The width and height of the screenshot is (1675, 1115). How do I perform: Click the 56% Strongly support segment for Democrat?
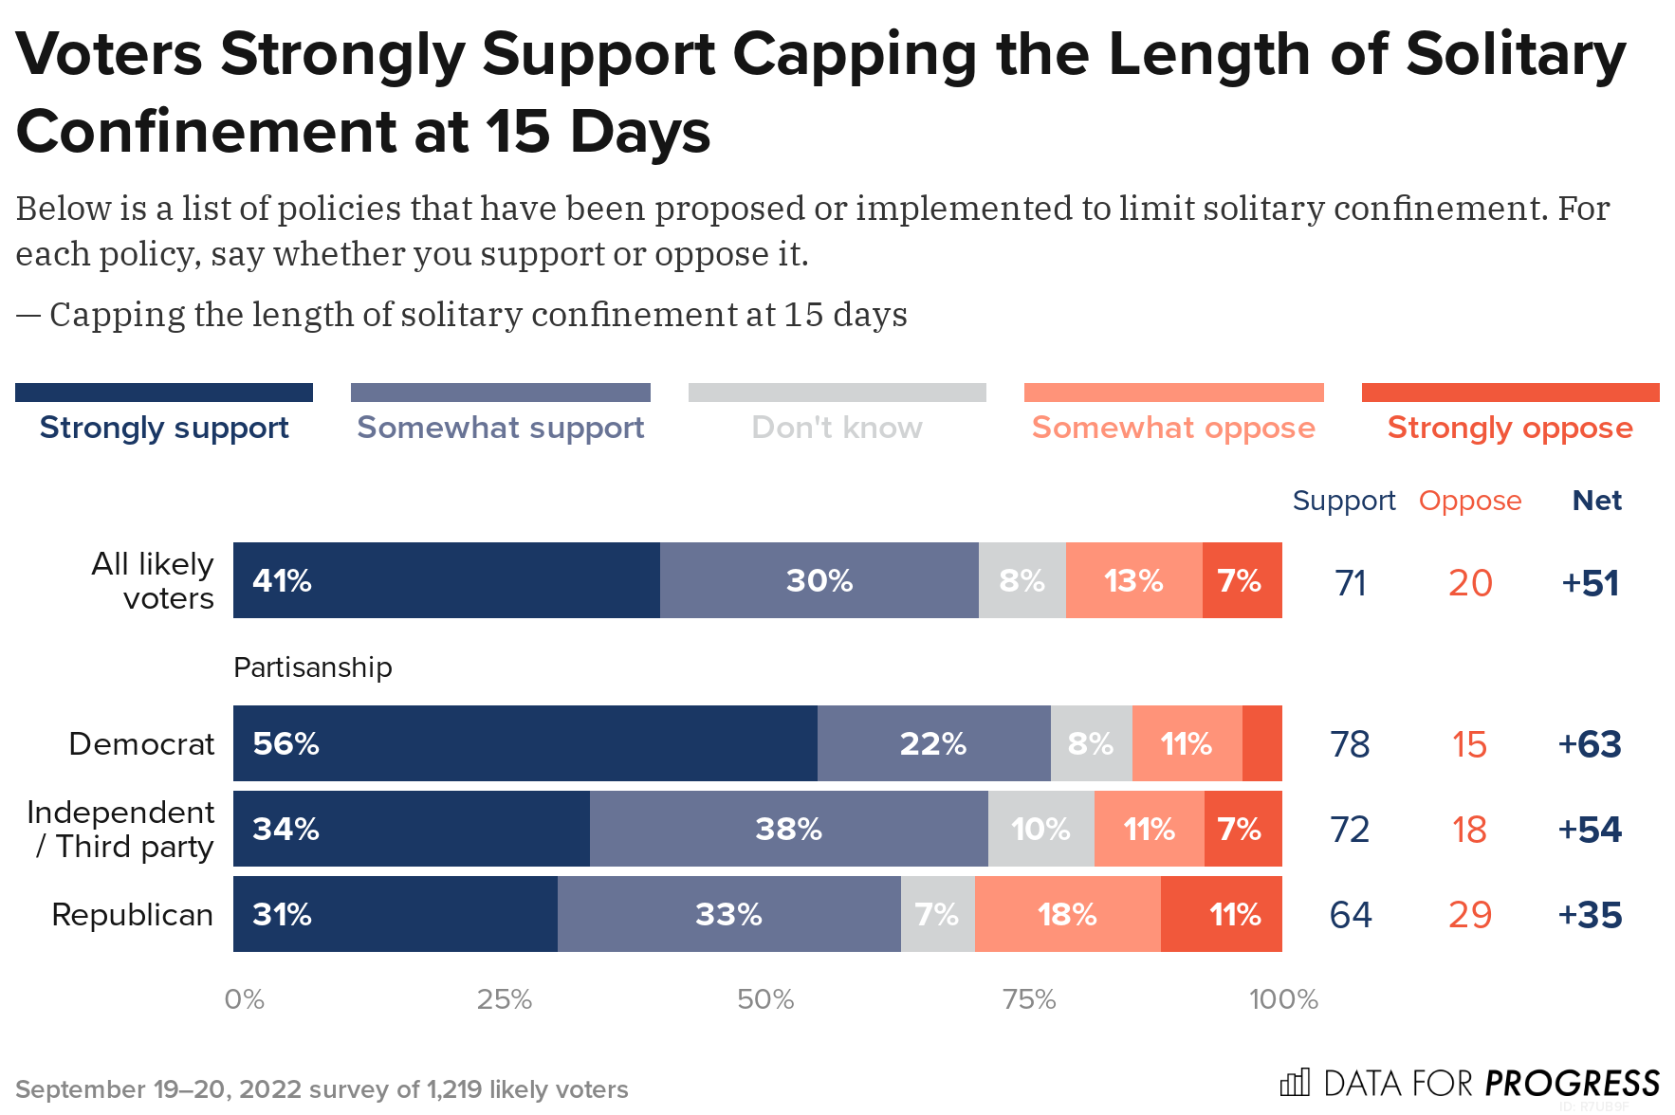tap(525, 743)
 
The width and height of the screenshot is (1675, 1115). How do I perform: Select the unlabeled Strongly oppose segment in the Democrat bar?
tap(1261, 743)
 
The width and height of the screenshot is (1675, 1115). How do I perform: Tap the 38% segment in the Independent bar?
tap(788, 829)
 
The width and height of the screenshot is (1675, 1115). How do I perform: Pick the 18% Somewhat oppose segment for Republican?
tap(1067, 914)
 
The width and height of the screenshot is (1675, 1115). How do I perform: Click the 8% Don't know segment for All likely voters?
tap(1022, 580)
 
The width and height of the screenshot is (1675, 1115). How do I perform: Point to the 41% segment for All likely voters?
tap(446, 580)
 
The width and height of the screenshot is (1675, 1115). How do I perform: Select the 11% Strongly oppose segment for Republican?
tap(1221, 914)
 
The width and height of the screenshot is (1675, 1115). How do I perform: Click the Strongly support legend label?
tap(164, 428)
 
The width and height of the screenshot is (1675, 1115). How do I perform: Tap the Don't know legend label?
tap(837, 428)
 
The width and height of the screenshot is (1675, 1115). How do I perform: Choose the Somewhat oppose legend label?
tap(1173, 428)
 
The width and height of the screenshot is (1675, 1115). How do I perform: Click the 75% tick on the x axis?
tap(1029, 999)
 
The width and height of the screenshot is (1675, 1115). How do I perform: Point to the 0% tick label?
tap(244, 999)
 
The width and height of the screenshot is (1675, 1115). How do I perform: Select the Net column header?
tap(1596, 500)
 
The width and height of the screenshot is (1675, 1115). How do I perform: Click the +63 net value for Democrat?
tap(1590, 744)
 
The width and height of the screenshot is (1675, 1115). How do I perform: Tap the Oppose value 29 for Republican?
tap(1469, 915)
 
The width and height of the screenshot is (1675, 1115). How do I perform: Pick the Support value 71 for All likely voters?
tap(1350, 583)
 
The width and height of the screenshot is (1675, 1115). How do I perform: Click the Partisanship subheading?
tap(312, 667)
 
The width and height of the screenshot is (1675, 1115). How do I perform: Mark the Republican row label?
tap(132, 915)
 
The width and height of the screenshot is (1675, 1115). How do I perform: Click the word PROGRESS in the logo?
tap(1572, 1083)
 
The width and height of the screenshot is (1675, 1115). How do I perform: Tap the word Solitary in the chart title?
tap(1515, 54)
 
